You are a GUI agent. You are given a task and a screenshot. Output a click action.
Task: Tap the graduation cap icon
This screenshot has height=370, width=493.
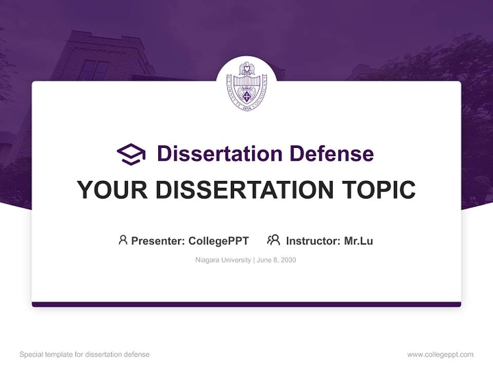tap(131, 154)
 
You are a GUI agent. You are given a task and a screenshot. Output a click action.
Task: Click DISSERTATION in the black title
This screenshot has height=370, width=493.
tap(243, 190)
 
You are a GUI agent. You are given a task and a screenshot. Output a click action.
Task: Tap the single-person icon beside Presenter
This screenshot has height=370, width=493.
tap(123, 240)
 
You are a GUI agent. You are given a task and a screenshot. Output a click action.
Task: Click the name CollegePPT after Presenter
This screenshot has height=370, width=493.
tap(219, 241)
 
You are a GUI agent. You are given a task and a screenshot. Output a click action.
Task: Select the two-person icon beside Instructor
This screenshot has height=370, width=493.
tap(273, 240)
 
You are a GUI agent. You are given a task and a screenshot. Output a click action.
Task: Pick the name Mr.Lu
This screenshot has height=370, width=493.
tap(358, 241)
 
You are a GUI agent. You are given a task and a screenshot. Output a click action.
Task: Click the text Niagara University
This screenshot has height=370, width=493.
tap(223, 260)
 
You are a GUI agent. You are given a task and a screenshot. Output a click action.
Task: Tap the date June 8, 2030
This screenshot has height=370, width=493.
tap(276, 260)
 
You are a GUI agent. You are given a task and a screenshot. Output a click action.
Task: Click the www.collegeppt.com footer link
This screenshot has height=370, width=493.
tap(440, 355)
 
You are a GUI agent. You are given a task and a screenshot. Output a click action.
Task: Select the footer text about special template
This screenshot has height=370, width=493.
tap(85, 355)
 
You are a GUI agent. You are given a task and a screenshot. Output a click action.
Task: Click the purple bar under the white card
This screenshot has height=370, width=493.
tap(246, 304)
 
